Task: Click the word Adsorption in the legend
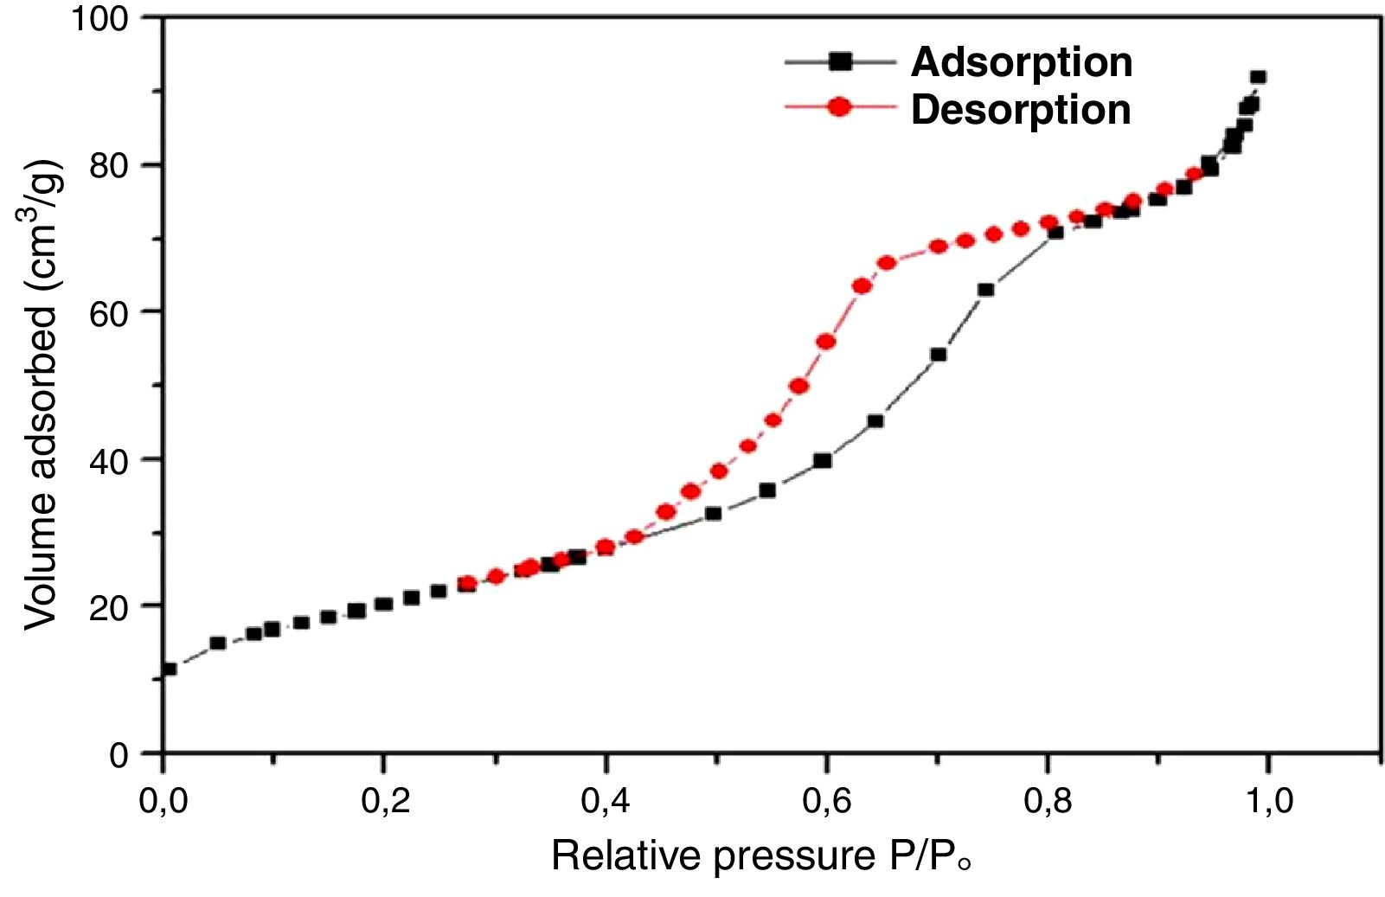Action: tap(1021, 62)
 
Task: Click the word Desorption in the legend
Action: tap(1021, 110)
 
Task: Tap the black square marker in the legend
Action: tap(839, 61)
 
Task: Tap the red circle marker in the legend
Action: tap(839, 107)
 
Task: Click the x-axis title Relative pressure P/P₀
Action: tap(761, 856)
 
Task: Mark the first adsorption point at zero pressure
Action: tap(169, 669)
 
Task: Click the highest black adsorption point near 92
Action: tap(1258, 77)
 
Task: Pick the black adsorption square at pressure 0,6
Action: tap(823, 461)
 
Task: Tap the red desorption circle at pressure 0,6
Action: tap(826, 342)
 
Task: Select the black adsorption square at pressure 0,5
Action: tap(713, 513)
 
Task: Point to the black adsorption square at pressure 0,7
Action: tap(939, 355)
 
